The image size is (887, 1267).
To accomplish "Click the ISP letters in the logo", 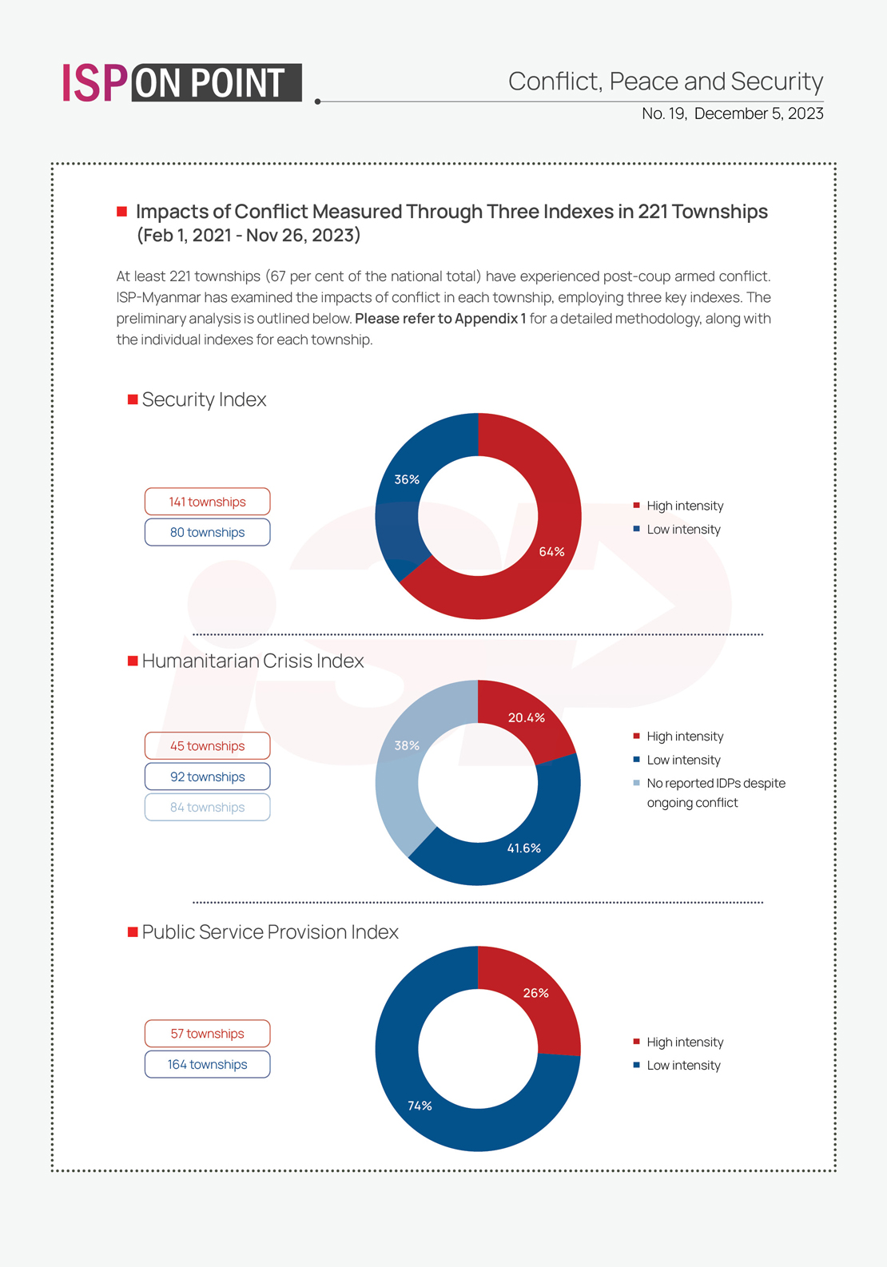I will pyautogui.click(x=94, y=83).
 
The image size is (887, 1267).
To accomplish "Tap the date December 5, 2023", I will pyautogui.click(x=758, y=113).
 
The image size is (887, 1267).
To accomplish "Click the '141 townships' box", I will pyautogui.click(x=207, y=502).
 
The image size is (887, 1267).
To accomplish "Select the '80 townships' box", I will pyautogui.click(x=207, y=532).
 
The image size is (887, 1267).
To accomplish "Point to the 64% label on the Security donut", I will pyautogui.click(x=551, y=552).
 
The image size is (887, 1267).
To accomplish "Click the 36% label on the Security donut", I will pyautogui.click(x=407, y=479).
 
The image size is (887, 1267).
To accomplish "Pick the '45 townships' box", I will pyautogui.click(x=207, y=746).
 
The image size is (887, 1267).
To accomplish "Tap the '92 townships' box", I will pyautogui.click(x=207, y=776).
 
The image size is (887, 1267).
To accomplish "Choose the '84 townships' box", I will pyautogui.click(x=207, y=807).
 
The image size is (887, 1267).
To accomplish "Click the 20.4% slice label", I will pyautogui.click(x=527, y=717).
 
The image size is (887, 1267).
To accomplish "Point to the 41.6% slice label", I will pyautogui.click(x=524, y=848).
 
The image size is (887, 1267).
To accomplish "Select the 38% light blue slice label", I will pyautogui.click(x=407, y=745).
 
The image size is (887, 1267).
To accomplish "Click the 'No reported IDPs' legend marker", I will pyautogui.click(x=636, y=783).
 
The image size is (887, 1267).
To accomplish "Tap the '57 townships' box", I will pyautogui.click(x=207, y=1034).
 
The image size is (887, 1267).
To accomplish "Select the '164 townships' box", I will pyautogui.click(x=207, y=1064).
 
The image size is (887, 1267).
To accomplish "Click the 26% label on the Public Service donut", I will pyautogui.click(x=535, y=993).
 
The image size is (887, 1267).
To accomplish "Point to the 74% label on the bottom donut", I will pyautogui.click(x=420, y=1106).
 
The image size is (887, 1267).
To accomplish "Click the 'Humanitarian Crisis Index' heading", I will pyautogui.click(x=253, y=661).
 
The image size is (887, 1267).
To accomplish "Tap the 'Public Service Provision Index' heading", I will pyautogui.click(x=269, y=932).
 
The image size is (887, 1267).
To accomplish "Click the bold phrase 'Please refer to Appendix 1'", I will pyautogui.click(x=440, y=319).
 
